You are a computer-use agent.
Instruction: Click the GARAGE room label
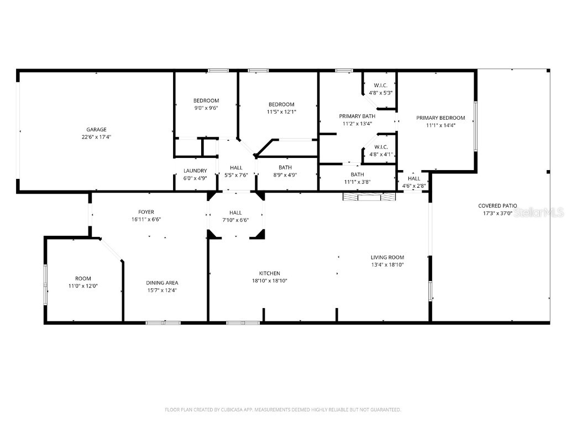96,130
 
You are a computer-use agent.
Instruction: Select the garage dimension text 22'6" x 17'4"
96,137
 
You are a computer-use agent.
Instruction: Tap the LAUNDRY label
195,171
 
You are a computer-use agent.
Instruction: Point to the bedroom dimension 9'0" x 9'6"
206,108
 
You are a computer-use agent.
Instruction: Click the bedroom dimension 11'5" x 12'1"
281,112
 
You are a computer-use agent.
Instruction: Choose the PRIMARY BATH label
357,116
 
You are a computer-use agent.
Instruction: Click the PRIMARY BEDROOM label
441,118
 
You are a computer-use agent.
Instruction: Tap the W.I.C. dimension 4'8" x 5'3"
380,93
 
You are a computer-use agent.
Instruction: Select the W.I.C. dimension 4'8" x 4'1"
380,155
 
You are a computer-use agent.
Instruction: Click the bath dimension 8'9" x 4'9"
285,175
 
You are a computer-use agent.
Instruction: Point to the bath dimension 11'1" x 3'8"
357,182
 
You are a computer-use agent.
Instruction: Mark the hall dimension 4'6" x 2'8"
413,186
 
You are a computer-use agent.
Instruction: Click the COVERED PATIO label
497,205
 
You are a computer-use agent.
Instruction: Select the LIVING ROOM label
387,257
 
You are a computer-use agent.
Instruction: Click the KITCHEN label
270,273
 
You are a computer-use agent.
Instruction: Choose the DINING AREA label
162,283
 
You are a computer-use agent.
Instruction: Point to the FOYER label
146,212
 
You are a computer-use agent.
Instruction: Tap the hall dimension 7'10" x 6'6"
235,220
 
